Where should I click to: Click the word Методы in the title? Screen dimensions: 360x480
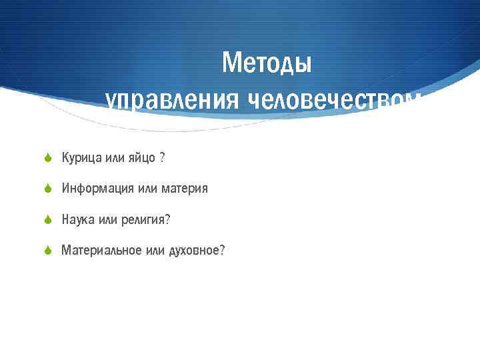(267, 64)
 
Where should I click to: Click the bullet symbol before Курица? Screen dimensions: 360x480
(48, 158)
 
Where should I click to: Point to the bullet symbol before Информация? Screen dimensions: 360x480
(48, 189)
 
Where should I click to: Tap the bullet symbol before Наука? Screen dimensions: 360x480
(48, 219)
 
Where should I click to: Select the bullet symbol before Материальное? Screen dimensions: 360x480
(48, 251)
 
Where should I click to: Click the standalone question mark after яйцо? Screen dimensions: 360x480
(162, 158)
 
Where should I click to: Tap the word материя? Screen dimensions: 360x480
(183, 189)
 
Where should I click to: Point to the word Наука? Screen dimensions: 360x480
(77, 219)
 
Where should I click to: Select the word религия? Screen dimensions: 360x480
(147, 219)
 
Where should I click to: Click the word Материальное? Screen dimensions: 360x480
(101, 251)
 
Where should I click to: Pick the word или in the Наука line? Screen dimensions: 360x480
(107, 219)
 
